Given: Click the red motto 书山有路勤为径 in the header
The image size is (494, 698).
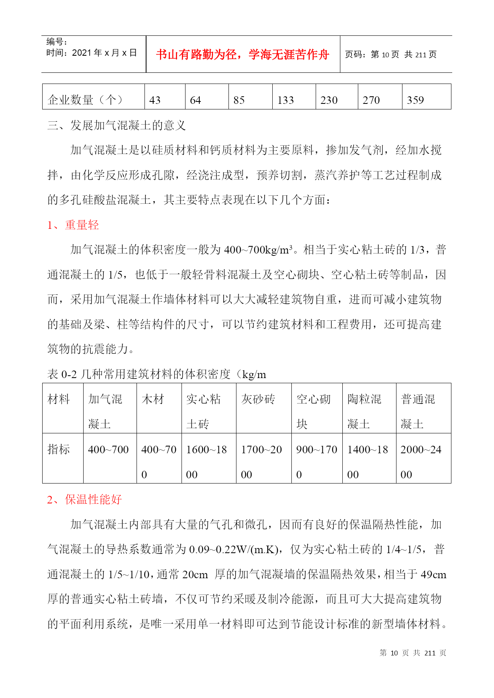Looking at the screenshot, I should pos(242,55).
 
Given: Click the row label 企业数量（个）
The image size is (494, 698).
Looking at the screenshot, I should pos(85,100).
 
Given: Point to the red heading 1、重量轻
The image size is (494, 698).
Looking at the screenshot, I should pos(73,225).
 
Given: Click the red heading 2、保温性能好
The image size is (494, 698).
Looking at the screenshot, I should pos(84,499).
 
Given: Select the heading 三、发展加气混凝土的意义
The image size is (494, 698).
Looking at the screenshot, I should pos(117,125).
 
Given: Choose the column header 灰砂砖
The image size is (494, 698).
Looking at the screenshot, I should pos(258,399).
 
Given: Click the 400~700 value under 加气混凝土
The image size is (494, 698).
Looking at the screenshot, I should pos(108,450).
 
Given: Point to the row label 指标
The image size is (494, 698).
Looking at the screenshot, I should pos(59,450).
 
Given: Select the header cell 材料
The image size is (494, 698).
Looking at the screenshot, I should pos(59,399).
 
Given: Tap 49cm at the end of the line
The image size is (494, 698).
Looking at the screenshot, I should pos(433,575).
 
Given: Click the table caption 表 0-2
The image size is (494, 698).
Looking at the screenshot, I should pos(62,374).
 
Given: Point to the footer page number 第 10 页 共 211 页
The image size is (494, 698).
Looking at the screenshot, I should pos(413,653).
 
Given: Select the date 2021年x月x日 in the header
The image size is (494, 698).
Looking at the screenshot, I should pos(104,53).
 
